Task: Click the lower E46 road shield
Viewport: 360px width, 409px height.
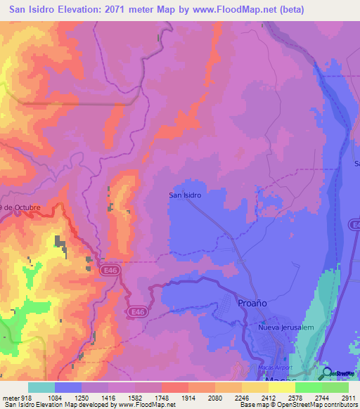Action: [x=137, y=311]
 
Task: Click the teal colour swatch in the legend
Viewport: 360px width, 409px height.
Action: [x=41, y=387]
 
